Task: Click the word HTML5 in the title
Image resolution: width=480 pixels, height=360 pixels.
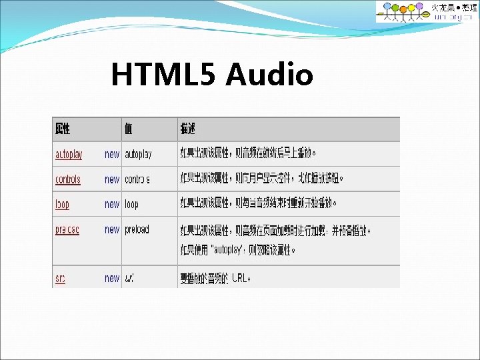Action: point(164,75)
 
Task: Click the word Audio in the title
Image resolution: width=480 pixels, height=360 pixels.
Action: point(269,75)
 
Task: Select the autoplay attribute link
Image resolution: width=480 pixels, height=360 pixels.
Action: point(69,154)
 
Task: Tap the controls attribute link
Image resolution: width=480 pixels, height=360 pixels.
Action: point(67,179)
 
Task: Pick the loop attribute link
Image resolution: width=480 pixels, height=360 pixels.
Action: point(62,204)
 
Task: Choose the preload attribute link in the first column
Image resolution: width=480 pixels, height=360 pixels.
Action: point(67,229)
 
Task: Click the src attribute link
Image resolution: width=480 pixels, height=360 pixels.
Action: point(60,278)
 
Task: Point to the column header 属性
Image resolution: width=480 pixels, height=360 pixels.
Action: point(63,128)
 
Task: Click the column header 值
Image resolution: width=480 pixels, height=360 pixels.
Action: point(129,128)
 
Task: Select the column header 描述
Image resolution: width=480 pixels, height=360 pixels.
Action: point(187,128)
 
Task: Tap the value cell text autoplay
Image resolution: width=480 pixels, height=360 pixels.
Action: point(138,154)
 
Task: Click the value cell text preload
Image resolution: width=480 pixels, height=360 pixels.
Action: point(137,229)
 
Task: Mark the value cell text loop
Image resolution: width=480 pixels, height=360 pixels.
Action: point(131,204)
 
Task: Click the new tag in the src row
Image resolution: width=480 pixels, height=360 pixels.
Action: point(112,278)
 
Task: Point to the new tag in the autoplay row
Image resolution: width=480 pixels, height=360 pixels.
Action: point(112,154)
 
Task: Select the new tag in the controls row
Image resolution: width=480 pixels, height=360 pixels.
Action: point(112,179)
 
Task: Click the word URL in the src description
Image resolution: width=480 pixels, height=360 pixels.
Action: point(239,278)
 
